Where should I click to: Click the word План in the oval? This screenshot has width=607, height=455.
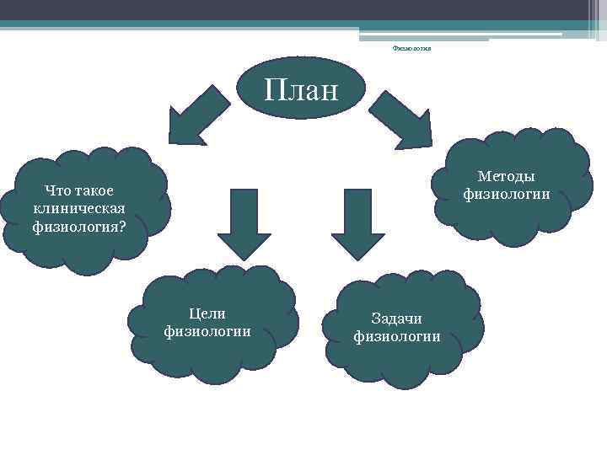point(301,88)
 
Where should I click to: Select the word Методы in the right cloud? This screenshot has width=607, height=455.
point(506,176)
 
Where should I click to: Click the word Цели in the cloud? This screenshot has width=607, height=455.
point(207,313)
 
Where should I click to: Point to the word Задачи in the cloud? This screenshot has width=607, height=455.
point(396,318)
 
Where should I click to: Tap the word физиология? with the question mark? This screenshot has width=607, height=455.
point(79,226)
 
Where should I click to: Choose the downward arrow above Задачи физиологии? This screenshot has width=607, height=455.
point(357,222)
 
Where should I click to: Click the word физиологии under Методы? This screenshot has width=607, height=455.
point(506,195)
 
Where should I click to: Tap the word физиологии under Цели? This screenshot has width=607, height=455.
point(207,331)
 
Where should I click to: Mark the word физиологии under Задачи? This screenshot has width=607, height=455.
point(396,337)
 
